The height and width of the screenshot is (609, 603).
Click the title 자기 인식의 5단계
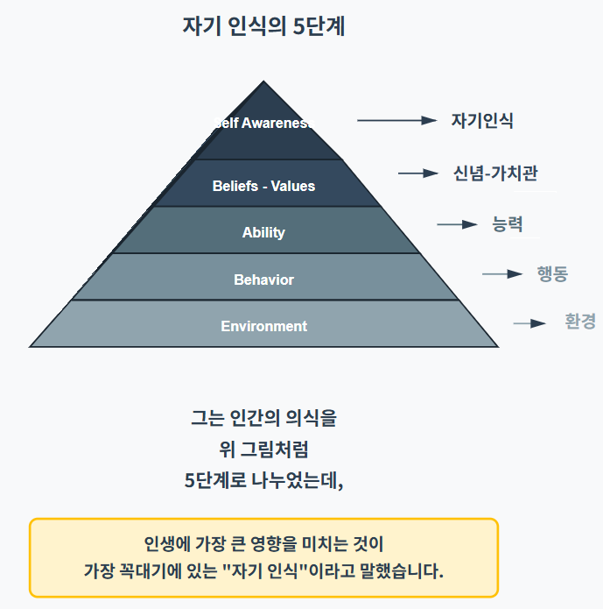coord(263,26)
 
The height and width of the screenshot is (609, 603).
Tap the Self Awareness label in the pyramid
coord(263,123)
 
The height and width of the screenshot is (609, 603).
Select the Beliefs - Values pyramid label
coord(263,186)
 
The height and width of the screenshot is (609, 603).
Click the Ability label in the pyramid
coord(263,232)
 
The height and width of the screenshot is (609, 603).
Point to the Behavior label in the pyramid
coord(263,280)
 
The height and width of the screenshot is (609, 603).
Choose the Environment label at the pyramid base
coord(263,326)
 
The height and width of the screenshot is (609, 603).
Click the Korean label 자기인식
coord(482,121)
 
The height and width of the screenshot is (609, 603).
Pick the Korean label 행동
coord(552,273)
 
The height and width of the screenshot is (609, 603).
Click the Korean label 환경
coord(580,322)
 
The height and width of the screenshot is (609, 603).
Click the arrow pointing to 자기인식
coord(396,121)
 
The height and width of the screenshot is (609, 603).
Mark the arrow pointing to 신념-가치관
coord(417,173)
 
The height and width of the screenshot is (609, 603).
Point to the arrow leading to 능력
coord(457,225)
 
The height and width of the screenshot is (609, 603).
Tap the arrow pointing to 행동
coord(501,274)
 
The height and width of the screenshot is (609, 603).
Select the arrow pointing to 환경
coord(529,323)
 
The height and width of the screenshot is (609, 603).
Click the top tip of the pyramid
coord(263,83)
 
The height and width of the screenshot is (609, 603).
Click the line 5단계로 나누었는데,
coord(263,480)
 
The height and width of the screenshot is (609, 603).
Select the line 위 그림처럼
coord(263,450)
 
